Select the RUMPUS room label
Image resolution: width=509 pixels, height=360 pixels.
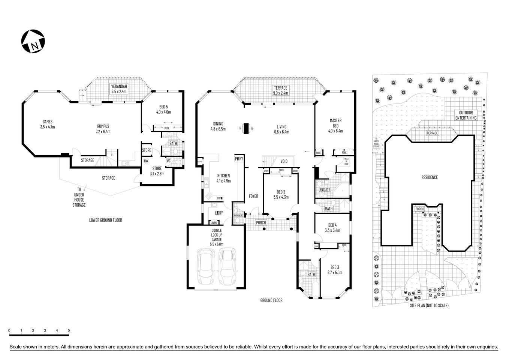point(103,129)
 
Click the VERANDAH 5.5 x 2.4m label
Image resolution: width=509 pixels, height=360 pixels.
point(119,88)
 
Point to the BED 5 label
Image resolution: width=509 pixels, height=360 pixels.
point(163,109)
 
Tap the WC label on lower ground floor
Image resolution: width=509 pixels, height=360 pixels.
point(169,161)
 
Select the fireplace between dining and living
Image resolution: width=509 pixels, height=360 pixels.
point(246,129)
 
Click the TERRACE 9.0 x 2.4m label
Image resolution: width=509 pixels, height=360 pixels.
point(280,90)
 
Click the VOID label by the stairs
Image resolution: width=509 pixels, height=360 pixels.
point(284,161)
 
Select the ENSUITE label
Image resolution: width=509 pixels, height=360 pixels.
point(325,189)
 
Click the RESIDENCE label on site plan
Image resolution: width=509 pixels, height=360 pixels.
point(430,177)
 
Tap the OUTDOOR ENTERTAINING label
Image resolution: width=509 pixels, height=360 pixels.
point(466,115)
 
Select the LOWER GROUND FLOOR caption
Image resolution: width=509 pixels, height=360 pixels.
point(105,220)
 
